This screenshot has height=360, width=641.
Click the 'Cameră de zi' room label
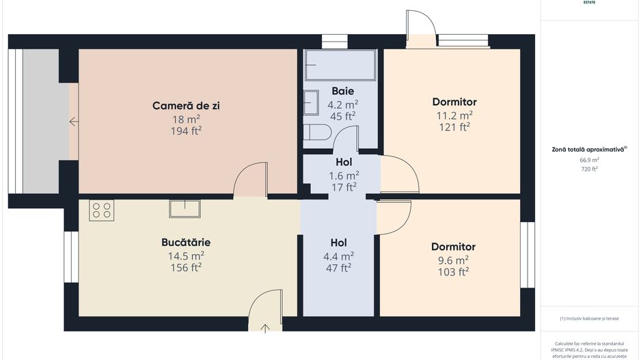[x=186, y=106]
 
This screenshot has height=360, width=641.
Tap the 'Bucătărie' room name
[x=186, y=243]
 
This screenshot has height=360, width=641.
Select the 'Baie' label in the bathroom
[x=343, y=91]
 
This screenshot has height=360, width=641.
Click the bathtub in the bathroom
[x=340, y=65]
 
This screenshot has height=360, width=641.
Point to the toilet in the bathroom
[x=316, y=133]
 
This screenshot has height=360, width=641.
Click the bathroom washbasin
[x=312, y=102]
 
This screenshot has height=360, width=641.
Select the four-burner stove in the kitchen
[x=101, y=210]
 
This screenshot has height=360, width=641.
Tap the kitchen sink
[x=185, y=208]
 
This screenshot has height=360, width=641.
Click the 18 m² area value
[x=186, y=119]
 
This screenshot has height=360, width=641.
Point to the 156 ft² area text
[x=186, y=267]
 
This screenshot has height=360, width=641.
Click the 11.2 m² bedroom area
[x=454, y=115]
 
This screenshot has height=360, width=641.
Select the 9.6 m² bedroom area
[x=453, y=260]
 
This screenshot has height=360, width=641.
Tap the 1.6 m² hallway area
[x=343, y=175]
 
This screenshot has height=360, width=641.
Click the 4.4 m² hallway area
[x=338, y=255]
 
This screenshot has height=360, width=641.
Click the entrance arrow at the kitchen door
[x=265, y=328]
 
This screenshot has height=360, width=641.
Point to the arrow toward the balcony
[x=73, y=122]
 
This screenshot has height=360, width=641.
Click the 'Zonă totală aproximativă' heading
[x=589, y=149]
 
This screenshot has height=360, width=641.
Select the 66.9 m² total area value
[x=589, y=160]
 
